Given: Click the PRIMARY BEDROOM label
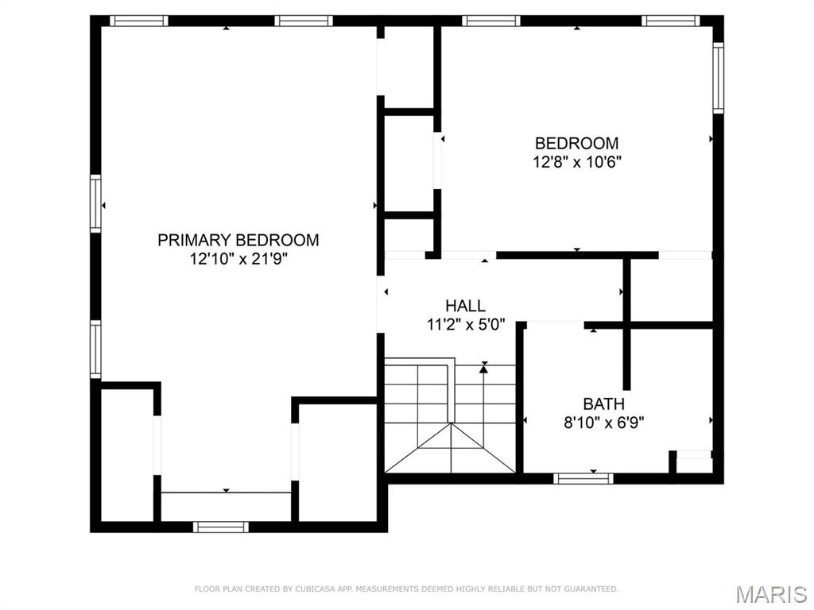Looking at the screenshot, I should (x=238, y=240).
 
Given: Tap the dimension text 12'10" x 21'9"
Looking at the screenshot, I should (x=238, y=259).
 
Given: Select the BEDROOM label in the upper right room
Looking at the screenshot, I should (x=576, y=144).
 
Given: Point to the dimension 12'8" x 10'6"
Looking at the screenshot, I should (x=576, y=163).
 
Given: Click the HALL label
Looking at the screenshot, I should (x=465, y=306).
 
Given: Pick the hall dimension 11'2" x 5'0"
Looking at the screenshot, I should (x=465, y=324).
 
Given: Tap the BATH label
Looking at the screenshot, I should (x=603, y=404).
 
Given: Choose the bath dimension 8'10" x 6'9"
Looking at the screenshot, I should (x=603, y=423).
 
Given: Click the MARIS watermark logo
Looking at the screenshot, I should (x=771, y=594).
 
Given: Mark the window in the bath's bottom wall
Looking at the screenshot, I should (x=583, y=478).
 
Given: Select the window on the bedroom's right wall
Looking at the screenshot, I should (x=718, y=78).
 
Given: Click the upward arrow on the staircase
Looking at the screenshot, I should (x=483, y=368).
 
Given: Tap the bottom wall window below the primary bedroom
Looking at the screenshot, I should (x=220, y=526).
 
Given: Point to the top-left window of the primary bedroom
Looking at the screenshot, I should (x=139, y=21).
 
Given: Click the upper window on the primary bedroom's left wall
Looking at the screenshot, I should (x=95, y=204).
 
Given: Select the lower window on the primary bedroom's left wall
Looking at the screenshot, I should (x=95, y=348).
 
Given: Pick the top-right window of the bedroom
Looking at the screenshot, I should (x=671, y=21).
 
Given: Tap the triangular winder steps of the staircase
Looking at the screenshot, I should (x=451, y=450).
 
